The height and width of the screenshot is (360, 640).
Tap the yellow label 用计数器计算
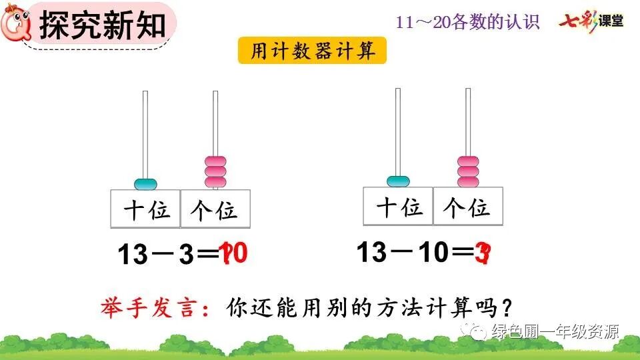tap(313, 51)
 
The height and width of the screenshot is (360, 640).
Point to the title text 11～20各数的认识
tap(467, 22)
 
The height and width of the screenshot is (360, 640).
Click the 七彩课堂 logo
tap(591, 20)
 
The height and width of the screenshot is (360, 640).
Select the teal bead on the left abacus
tap(146, 183)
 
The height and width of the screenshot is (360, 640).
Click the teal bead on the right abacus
tap(398, 180)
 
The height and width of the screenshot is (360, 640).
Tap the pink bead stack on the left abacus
tap(215, 171)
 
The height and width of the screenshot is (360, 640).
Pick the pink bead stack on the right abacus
tap(468, 170)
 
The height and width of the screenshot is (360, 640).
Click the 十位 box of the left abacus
tap(146, 209)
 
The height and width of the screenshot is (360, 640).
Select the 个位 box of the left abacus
tap(215, 209)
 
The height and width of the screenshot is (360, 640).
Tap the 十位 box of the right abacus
tap(399, 206)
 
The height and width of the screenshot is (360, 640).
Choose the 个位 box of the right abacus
tap(468, 206)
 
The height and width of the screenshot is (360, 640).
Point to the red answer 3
tap(483, 254)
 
